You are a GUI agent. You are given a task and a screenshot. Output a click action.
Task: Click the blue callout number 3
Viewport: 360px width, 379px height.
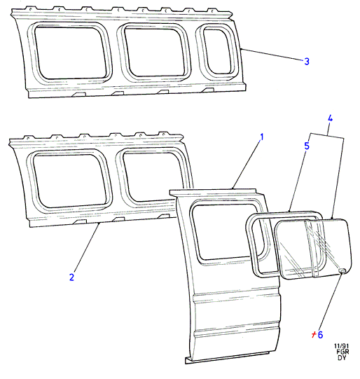coord(307,61)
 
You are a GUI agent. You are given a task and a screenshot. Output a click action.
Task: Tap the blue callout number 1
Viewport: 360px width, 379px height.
coord(261,137)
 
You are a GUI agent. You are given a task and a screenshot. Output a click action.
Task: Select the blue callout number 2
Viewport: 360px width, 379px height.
coord(71,277)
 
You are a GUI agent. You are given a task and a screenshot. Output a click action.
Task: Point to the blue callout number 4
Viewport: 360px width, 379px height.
coord(330,118)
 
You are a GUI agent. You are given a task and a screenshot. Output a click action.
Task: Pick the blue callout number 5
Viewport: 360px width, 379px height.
coord(307,146)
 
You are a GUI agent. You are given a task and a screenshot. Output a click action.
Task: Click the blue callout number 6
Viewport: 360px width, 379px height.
coord(320,335)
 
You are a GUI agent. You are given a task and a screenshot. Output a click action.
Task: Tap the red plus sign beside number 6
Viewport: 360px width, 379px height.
coord(314,335)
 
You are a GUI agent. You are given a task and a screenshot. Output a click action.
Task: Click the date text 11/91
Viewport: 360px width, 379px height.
coord(341,346)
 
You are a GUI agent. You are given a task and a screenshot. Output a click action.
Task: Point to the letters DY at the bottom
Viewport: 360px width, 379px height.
coord(342,357)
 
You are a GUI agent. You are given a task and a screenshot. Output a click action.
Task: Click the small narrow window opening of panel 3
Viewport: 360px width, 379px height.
coord(217,51)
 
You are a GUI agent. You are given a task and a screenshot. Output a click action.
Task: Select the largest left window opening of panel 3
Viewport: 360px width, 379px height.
coord(70,53)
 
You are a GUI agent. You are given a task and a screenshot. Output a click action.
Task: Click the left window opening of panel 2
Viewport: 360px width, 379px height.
coord(69,181)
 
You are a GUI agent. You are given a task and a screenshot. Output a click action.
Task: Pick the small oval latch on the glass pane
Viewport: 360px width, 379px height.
coord(342,270)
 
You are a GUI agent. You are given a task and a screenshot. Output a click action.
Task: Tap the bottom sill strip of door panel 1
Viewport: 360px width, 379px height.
coord(227,358)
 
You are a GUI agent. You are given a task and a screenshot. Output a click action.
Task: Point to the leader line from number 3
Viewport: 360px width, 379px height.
coord(272,55)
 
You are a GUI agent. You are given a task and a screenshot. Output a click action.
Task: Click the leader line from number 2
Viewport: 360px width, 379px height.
coord(87,247)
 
